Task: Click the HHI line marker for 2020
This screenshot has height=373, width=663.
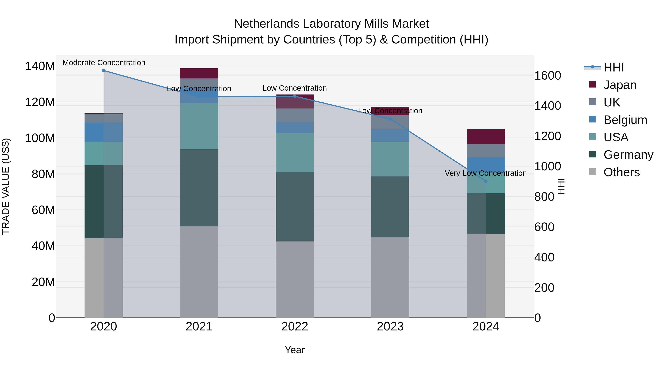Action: (x=104, y=70)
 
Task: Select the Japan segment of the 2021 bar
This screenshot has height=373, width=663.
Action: (x=199, y=73)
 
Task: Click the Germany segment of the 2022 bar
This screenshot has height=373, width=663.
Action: (x=295, y=207)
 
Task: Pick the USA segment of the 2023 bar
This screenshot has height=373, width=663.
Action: (x=390, y=159)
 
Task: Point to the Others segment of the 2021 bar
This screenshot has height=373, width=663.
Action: (x=199, y=272)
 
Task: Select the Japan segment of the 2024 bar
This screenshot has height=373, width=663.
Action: (x=486, y=137)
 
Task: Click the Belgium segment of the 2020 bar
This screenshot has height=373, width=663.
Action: (x=104, y=132)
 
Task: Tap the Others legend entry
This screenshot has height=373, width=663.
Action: (x=621, y=172)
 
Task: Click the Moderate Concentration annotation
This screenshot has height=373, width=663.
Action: (x=104, y=63)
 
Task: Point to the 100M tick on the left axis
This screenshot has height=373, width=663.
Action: (x=40, y=138)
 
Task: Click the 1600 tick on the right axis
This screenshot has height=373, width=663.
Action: (x=548, y=76)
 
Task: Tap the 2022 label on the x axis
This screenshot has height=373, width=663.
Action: (x=295, y=327)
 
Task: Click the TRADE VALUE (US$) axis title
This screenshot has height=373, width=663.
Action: (x=6, y=186)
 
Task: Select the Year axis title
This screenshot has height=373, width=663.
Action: (x=295, y=350)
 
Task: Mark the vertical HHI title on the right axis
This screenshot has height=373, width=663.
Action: (x=561, y=186)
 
